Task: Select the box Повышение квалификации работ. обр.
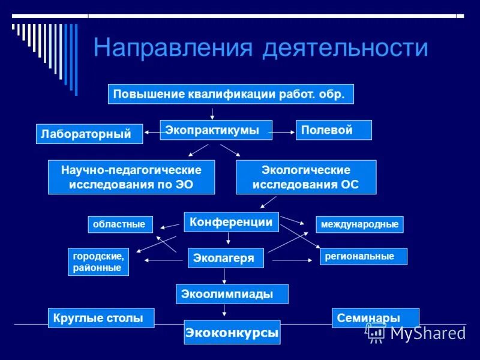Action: [231, 94]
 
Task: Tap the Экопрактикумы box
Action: [216, 130]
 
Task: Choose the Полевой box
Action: [334, 130]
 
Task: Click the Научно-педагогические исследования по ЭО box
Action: [131, 177]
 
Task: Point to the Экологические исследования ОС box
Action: [306, 177]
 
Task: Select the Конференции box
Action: [231, 222]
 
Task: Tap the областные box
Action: [121, 224]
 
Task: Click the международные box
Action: [359, 224]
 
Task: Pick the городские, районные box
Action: [98, 262]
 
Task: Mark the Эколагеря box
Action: [224, 258]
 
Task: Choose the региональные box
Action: [363, 256]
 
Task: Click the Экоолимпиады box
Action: [232, 294]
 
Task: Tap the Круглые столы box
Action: [101, 318]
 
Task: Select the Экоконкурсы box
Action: [232, 332]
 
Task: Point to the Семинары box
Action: [375, 318]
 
